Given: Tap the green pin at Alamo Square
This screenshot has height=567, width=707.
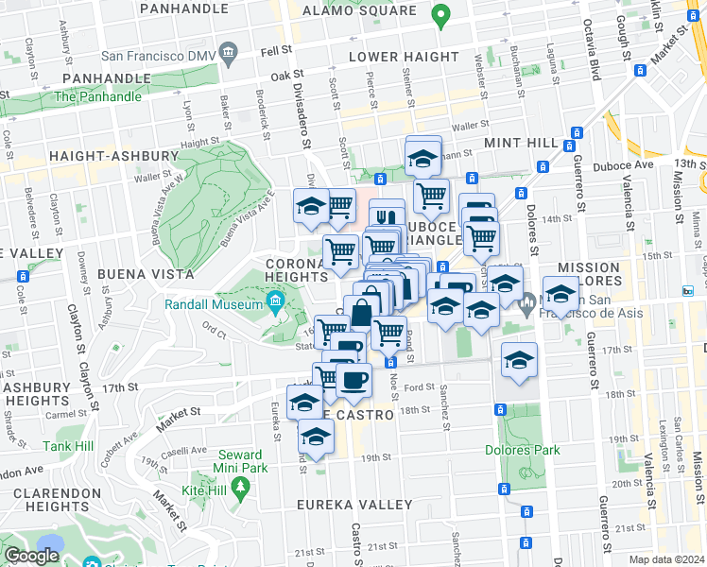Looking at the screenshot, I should pyautogui.click(x=440, y=15).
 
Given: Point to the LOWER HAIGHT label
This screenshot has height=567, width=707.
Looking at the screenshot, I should pyautogui.click(x=404, y=57).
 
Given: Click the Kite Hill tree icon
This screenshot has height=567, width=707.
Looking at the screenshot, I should pyautogui.click(x=242, y=486).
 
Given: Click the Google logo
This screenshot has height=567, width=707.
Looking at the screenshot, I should pyautogui.click(x=32, y=556).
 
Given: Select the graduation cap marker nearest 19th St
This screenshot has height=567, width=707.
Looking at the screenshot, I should pyautogui.click(x=317, y=438).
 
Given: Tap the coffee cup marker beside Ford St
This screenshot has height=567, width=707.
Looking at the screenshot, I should pyautogui.click(x=353, y=381).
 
